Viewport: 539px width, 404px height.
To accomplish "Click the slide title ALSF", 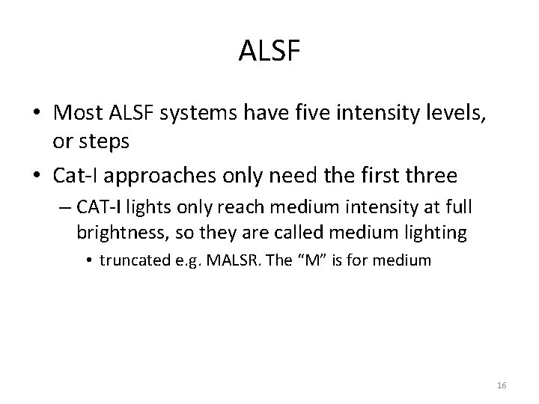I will pos(269,52).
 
